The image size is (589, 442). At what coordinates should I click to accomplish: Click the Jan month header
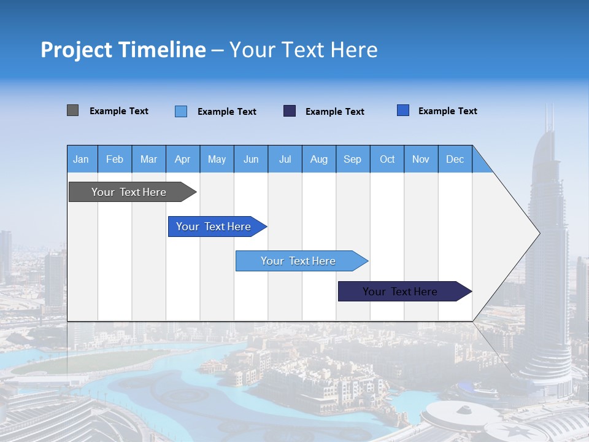[81, 159]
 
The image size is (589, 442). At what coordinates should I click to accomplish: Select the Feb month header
[115, 159]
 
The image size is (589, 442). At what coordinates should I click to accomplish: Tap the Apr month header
[182, 159]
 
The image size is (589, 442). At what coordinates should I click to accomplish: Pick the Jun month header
[251, 159]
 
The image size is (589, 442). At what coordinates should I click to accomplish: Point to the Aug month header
[319, 159]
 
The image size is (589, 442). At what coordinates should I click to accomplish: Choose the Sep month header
[352, 159]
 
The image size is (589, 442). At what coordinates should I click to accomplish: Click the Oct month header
[387, 159]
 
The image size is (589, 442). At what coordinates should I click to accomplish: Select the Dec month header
[455, 159]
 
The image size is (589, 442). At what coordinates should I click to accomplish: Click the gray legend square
[72, 110]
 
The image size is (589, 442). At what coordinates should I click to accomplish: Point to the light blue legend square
[181, 111]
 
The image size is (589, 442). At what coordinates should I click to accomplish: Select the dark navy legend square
[290, 110]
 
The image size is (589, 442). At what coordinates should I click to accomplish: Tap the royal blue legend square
[403, 110]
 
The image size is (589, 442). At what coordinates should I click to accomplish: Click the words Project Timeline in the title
[123, 50]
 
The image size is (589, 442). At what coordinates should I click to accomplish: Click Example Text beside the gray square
[119, 111]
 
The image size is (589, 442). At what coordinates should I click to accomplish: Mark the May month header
[217, 159]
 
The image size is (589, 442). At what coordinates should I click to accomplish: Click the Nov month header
[421, 159]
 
